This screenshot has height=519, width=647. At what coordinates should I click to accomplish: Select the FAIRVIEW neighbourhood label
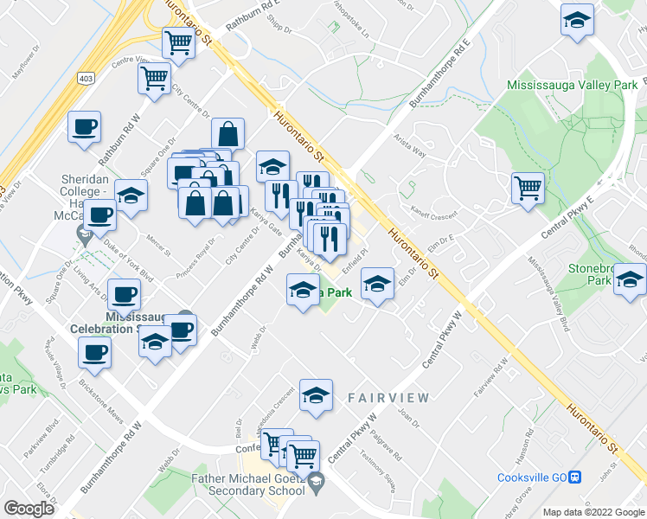coord(388,398)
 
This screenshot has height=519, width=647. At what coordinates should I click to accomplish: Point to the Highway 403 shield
coord(86,78)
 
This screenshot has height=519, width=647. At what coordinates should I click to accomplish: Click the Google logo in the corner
coord(29,509)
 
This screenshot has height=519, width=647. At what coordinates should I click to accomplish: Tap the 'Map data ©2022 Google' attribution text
coord(593,512)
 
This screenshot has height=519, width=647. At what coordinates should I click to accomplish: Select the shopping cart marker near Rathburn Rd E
coord(178,41)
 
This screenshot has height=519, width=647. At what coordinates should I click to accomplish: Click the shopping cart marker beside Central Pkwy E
coord(528,186)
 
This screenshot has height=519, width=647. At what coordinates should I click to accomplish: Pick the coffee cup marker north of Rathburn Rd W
coord(85,125)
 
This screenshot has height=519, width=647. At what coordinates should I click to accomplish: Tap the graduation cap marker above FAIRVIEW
coord(316,394)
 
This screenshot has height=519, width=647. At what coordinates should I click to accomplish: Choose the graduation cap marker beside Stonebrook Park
coord(630,279)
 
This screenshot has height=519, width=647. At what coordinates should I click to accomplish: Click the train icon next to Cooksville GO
coord(576,477)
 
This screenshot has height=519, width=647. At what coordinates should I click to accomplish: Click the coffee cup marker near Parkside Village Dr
coord(94,352)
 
